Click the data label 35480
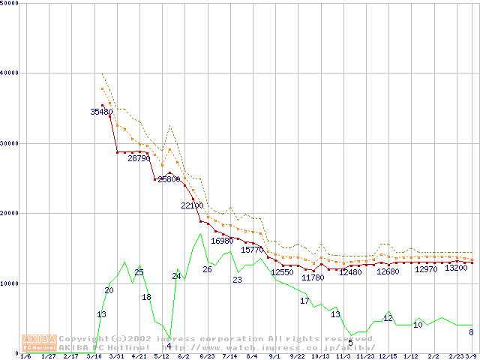(101, 112)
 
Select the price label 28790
(139, 158)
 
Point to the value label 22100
(193, 205)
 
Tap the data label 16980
(223, 241)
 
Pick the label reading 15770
(252, 249)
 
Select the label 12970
(426, 268)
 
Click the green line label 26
(207, 269)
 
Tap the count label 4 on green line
(169, 346)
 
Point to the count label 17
(304, 301)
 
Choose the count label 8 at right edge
(471, 332)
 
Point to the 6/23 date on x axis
(207, 356)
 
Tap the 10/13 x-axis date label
(320, 356)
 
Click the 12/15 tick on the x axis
(388, 356)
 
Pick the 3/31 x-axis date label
(116, 356)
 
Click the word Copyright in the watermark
(83, 338)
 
